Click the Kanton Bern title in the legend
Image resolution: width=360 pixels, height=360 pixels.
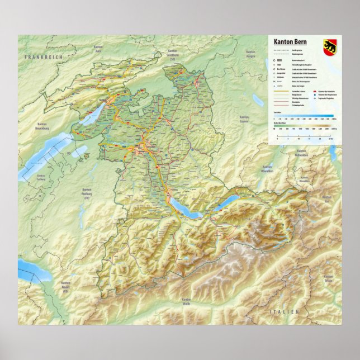[x=290, y=42]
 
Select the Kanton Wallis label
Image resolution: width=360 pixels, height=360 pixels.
[x=186, y=302]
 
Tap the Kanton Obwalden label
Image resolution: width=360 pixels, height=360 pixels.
[x=267, y=169]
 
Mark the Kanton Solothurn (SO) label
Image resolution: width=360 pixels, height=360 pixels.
[x=173, y=55]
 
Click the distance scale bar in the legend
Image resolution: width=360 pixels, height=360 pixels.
[x=304, y=137]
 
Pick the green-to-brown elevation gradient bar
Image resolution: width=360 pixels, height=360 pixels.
[x=304, y=126]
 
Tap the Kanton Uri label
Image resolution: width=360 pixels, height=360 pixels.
[x=329, y=212]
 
